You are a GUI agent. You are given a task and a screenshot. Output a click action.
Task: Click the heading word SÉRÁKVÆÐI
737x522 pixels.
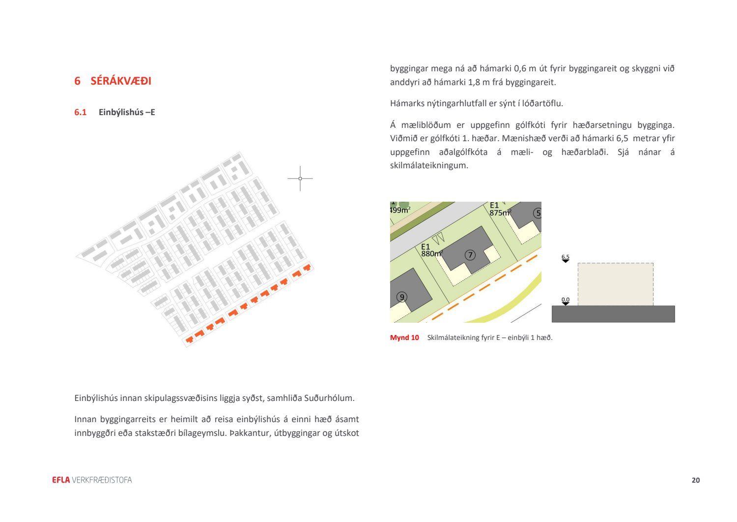click(x=121, y=81)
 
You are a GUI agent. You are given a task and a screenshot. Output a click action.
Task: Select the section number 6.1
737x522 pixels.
click(x=80, y=112)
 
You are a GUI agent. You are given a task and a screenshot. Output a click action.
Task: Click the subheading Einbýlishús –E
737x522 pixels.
click(x=127, y=112)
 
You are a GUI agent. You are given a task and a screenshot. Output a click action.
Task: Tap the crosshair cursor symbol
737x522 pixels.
click(x=300, y=179)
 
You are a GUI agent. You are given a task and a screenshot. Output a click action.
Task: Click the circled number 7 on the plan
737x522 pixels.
click(x=470, y=255)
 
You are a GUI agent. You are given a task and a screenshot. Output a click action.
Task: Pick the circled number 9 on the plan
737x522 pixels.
click(x=402, y=297)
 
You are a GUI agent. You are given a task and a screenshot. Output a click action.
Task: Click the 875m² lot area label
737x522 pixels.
click(x=500, y=213)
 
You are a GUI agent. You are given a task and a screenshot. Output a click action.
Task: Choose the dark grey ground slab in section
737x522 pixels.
click(x=613, y=314)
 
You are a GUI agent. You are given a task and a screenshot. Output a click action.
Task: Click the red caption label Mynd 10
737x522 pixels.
click(x=404, y=338)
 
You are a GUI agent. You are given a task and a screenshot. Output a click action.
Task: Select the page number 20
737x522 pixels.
click(x=696, y=480)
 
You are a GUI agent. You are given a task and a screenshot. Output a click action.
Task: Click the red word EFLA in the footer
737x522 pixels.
click(x=61, y=480)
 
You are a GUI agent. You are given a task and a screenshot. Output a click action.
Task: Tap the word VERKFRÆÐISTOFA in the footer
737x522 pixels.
click(x=102, y=480)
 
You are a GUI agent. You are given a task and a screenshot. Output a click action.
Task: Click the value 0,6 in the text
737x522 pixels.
click(x=520, y=68)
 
